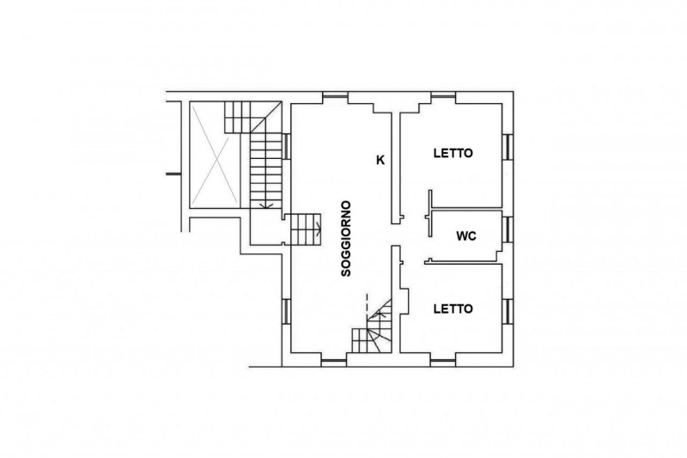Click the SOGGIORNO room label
pos(346,238)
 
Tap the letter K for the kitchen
pos(380,161)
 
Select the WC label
pos(466,236)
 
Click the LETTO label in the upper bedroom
pos(453,154)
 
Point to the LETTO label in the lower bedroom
pos(453,309)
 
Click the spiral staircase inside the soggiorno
pos(373,327)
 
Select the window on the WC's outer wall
pos(508,229)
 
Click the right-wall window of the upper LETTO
pos(508,147)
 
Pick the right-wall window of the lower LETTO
pos(508,311)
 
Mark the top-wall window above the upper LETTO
pos(443,97)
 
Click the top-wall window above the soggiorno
pos(335,97)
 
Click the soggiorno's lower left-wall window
pos(286,311)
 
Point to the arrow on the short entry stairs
pos(319,229)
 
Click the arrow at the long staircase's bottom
pos(266,205)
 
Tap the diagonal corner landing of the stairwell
pos(266,117)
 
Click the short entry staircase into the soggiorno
pos(306,229)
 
